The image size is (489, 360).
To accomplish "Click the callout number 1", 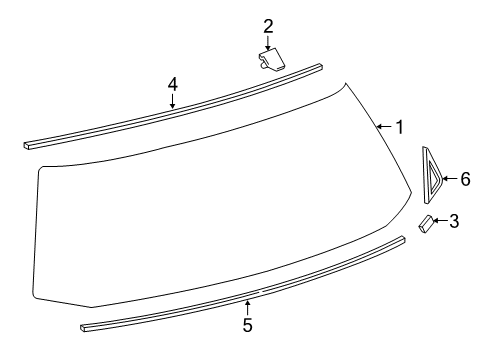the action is [x=400, y=127].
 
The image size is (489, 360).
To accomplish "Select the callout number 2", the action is [x=268, y=26].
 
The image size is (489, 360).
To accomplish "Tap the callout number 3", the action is [x=454, y=221].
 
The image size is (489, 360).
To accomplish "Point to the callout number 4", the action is [x=172, y=84].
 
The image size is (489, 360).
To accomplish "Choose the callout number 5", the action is [x=247, y=325].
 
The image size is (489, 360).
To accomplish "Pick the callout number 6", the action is [x=465, y=179].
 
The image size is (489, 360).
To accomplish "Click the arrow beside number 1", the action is [x=384, y=127].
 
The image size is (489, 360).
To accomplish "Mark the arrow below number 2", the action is [x=268, y=43].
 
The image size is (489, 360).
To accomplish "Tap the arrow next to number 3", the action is [x=440, y=221].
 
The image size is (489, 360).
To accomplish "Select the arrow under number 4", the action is [x=172, y=101].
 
